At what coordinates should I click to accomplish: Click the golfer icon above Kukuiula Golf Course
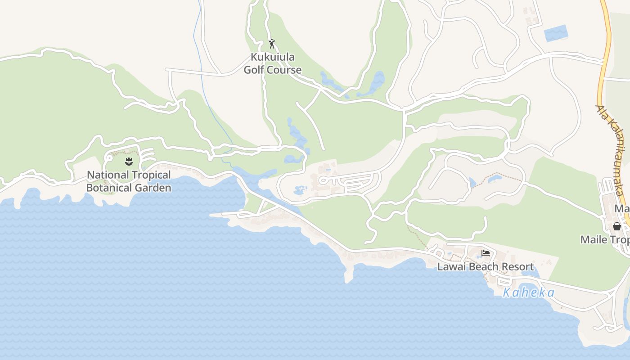click(x=271, y=44)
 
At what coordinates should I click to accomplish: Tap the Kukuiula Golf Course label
click(x=272, y=63)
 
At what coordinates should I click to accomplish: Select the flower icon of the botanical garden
click(x=129, y=161)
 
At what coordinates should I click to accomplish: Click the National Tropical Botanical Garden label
click(x=129, y=181)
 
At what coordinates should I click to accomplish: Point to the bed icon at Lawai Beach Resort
click(x=485, y=253)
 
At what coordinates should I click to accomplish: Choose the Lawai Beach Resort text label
click(x=486, y=267)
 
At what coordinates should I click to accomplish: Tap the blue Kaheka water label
click(x=528, y=292)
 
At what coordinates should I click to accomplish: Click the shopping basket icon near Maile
click(x=616, y=226)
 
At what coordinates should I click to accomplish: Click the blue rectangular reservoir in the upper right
click(x=556, y=33)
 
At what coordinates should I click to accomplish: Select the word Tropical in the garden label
click(x=148, y=175)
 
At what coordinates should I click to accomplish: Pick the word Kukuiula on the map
click(x=272, y=57)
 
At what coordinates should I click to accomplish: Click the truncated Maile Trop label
click(x=605, y=239)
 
